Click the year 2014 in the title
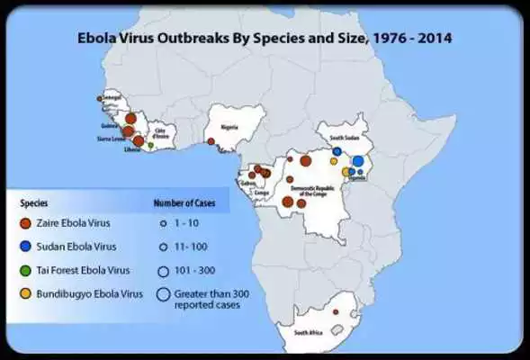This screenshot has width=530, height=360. pyautogui.click(x=435, y=39)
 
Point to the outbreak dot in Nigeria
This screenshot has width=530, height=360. pyautogui.click(x=210, y=141)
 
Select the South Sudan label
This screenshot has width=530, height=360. pyautogui.click(x=345, y=137)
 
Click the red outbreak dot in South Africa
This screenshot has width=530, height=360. pyautogui.click(x=336, y=311)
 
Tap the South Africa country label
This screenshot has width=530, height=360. pyautogui.click(x=309, y=332)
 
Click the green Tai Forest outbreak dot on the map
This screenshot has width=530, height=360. pyautogui.click(x=150, y=145)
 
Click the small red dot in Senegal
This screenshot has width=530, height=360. pyautogui.click(x=100, y=98)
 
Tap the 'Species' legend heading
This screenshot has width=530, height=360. pyautogui.click(x=34, y=203)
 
